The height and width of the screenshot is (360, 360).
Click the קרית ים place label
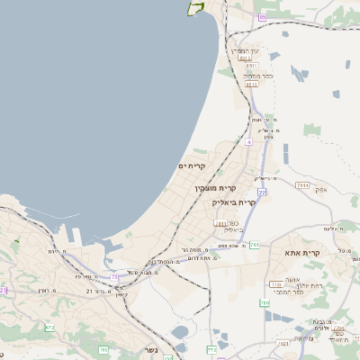tap(193, 166)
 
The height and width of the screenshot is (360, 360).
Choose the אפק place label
tap(320, 190)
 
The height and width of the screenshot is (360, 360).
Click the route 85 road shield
tap(263, 17)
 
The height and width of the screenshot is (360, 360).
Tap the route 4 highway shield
tap(249, 141)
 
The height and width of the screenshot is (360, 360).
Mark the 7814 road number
tap(302, 183)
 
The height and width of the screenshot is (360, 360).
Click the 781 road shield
tap(255, 244)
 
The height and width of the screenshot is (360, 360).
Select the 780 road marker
tap(265, 303)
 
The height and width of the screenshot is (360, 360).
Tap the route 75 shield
tap(115, 277)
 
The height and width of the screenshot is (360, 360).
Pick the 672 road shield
tap(49, 328)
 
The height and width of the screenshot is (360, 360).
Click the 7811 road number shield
tap(220, 224)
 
